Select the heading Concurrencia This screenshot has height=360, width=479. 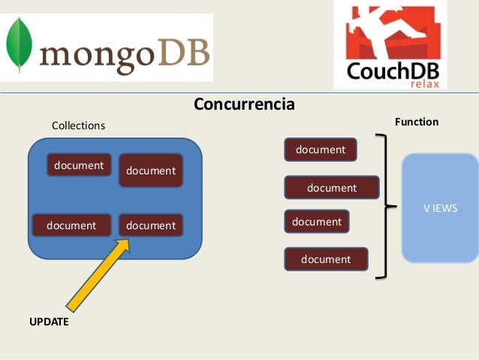tap(244, 104)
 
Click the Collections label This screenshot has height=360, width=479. tap(78, 126)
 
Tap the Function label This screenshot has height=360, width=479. tap(417, 122)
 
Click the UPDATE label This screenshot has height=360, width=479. tap(49, 322)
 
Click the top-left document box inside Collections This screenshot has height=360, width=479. tap(79, 165)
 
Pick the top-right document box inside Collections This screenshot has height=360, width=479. tap(151, 171)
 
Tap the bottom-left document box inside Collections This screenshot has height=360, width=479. tap(71, 225)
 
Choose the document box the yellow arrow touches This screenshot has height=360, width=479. tap(151, 225)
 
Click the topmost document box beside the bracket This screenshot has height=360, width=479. tap(321, 150)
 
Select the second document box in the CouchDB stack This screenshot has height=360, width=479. tap(331, 188)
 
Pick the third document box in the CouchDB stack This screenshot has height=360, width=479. tap(317, 222)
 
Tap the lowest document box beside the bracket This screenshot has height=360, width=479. tap(326, 259)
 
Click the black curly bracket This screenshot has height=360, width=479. tap(384, 207)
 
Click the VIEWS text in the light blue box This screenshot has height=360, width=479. tap(440, 208)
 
